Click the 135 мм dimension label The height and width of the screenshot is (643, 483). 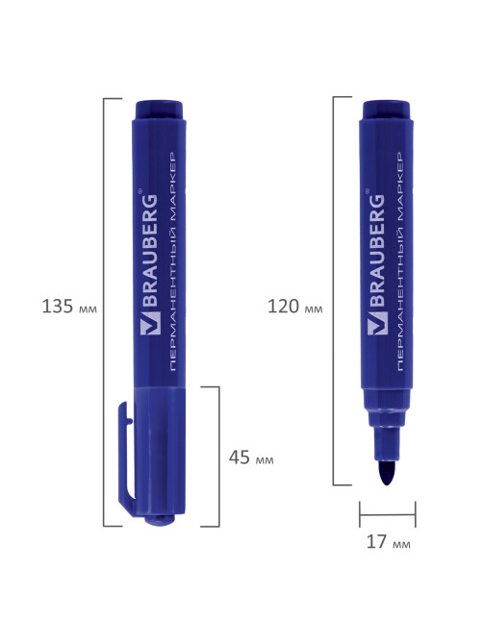pyautogui.click(x=69, y=307)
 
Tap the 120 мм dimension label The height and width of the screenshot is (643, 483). pyautogui.click(x=294, y=307)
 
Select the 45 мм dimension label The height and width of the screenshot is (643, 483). pyautogui.click(x=251, y=458)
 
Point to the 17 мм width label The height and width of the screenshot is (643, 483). pyautogui.click(x=388, y=542)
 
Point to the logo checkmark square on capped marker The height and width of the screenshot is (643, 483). pyautogui.click(x=149, y=323)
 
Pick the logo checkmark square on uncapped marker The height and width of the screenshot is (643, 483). pyautogui.click(x=377, y=323)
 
